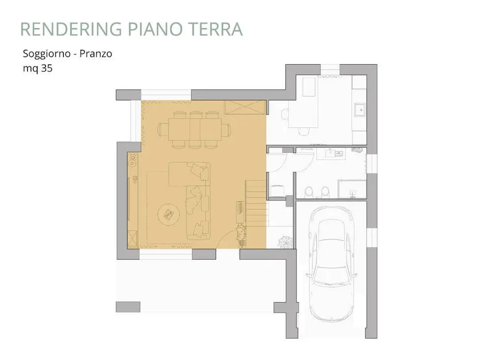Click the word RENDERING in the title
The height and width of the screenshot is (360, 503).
coord(71,29)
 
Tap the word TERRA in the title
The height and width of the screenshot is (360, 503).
coord(217,29)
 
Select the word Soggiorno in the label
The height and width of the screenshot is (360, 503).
coord(47,54)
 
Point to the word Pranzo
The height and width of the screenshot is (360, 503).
coord(96,53)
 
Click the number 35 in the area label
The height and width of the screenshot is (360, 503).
coord(47,68)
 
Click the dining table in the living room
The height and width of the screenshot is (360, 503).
coord(195,129)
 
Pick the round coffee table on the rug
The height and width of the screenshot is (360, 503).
coord(170,214)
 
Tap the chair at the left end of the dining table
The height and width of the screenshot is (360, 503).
coord(163,130)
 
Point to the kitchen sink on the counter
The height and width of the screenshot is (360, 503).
coord(360,110)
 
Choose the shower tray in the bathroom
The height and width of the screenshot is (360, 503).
coord(352,189)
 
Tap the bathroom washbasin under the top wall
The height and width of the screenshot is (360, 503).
coord(335,153)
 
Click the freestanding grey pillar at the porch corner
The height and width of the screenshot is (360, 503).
coord(128,307)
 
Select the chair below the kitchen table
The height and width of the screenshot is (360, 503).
coord(303,131)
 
